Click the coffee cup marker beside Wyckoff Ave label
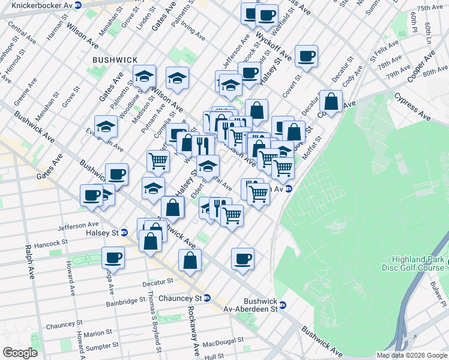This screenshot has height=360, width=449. (306, 56)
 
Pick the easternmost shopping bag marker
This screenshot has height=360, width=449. (331, 101)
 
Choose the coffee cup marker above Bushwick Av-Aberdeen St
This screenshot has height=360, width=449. (243, 259)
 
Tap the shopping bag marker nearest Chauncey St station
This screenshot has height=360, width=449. (190, 261)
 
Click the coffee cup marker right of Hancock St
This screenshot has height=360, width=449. (112, 258)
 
